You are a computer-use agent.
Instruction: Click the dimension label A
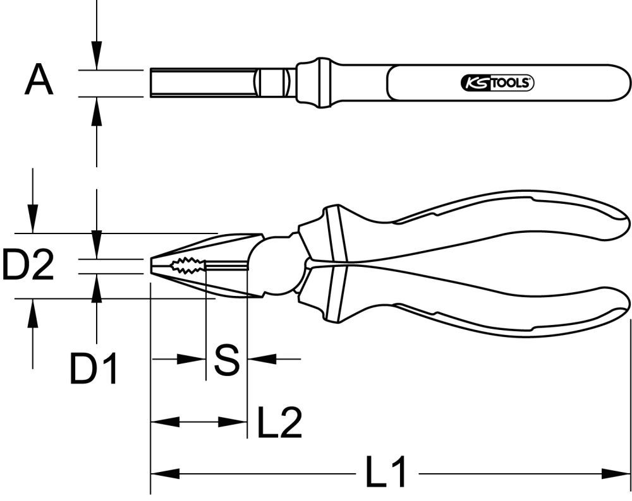click(39, 81)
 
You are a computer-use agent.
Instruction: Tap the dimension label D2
click(27, 265)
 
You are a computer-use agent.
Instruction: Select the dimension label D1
click(94, 369)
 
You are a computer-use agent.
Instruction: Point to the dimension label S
click(226, 360)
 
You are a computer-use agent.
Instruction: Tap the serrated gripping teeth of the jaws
click(187, 266)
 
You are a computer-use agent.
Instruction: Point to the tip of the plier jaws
click(153, 266)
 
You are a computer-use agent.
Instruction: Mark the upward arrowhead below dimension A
click(95, 110)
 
